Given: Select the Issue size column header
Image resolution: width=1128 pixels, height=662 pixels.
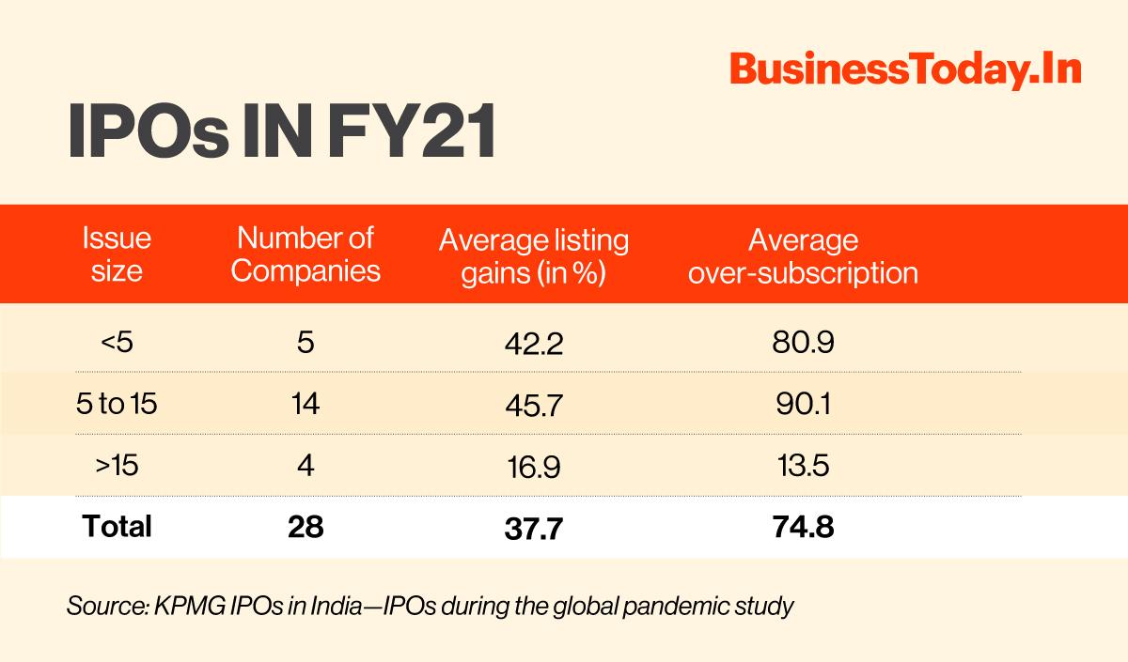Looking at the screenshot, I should coord(117,254).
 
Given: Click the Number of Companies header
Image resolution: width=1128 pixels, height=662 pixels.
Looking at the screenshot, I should coord(305,254).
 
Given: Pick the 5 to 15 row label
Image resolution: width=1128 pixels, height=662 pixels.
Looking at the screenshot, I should coord(117,405).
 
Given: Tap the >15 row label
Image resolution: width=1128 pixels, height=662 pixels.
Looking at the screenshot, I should coord(117,465).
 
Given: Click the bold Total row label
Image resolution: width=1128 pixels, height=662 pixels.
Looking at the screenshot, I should coord(117,527).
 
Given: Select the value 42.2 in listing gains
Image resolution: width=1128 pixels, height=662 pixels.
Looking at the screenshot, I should coord(534,345).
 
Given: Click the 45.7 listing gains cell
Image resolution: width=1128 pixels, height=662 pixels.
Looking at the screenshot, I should coord(534,406).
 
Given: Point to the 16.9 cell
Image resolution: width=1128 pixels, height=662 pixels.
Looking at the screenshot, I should coord(534,467).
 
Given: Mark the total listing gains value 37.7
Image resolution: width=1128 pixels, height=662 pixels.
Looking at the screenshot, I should coord(534,529).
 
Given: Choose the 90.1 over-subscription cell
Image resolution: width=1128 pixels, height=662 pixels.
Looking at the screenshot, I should coord(803,405).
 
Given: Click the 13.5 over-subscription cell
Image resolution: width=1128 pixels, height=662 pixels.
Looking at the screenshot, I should coord(803,465).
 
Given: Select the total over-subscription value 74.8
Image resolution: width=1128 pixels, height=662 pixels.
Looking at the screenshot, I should coord(803,527).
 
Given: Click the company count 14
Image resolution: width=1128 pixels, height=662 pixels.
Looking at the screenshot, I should coord(305,405).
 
